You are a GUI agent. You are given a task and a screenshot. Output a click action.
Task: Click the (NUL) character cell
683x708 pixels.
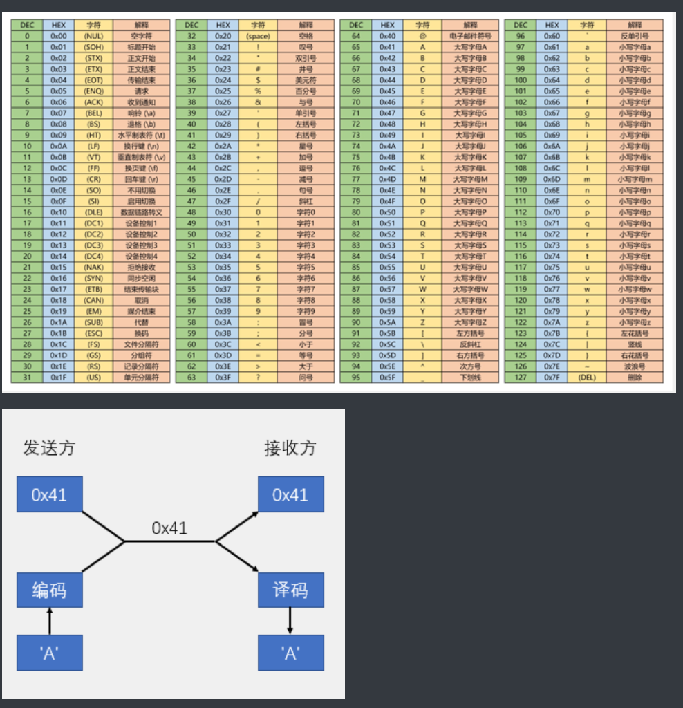[x=93, y=36]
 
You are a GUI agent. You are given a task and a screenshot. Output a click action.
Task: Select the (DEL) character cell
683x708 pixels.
[x=587, y=378]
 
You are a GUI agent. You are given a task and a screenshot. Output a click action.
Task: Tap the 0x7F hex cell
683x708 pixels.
[x=552, y=378]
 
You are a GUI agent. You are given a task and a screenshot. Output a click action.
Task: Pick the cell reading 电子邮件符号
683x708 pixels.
[x=470, y=36]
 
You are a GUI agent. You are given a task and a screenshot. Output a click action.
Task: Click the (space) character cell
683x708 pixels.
[x=258, y=36]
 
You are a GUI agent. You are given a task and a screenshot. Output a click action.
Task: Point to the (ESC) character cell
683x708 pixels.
[x=93, y=333]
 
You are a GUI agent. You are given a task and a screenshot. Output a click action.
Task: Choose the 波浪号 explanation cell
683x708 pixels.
[x=635, y=366]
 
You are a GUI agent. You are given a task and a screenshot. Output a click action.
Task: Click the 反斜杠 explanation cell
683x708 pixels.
[x=470, y=344]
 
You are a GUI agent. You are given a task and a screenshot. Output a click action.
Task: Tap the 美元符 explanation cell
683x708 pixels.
[x=306, y=80]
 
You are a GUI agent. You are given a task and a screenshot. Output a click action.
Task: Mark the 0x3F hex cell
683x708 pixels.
[x=223, y=378]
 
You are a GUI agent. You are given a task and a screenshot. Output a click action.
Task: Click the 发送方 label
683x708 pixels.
[x=48, y=448]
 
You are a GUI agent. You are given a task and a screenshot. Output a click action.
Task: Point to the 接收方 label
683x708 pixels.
[x=290, y=448]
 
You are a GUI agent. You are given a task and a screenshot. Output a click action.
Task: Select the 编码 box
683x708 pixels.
[x=49, y=590]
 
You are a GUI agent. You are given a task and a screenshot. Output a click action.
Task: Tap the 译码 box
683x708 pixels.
[x=290, y=590]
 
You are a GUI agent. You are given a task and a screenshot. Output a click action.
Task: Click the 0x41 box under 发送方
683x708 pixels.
[x=49, y=494]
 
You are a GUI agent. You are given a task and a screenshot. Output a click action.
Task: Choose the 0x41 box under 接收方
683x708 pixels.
[x=290, y=494]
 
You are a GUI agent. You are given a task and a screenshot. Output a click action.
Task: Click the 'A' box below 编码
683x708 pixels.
[x=49, y=653]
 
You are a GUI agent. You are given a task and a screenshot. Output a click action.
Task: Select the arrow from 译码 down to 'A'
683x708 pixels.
[x=290, y=621]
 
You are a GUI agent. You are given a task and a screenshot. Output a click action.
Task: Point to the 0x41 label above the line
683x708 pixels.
[x=169, y=528]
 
